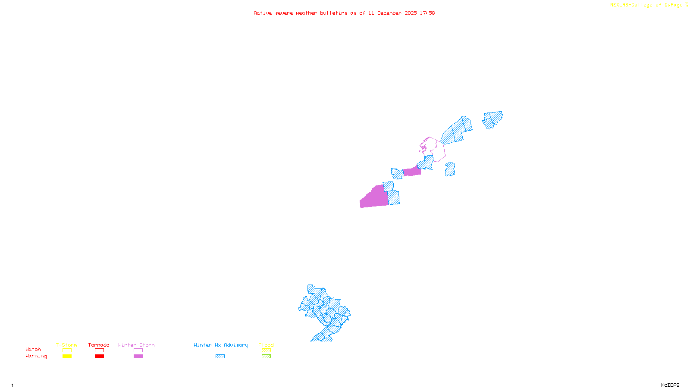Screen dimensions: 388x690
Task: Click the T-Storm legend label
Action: pyautogui.click(x=66, y=345)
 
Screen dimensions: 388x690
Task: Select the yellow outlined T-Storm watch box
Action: pyautogui.click(x=67, y=350)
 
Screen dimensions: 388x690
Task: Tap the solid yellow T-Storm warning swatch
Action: pyautogui.click(x=67, y=357)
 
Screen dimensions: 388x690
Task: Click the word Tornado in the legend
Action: pyautogui.click(x=99, y=345)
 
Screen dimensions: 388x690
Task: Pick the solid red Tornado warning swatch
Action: pyautogui.click(x=100, y=357)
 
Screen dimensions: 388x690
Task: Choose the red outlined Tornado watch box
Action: pyautogui.click(x=100, y=350)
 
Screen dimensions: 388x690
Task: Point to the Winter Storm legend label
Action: pyautogui.click(x=136, y=345)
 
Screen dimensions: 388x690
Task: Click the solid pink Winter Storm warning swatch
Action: pyautogui.click(x=138, y=357)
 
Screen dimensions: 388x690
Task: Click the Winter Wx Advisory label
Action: pyautogui.click(x=221, y=345)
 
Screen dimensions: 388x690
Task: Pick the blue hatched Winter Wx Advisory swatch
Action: pyautogui.click(x=220, y=357)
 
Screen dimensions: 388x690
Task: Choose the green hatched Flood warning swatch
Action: pyautogui.click(x=266, y=357)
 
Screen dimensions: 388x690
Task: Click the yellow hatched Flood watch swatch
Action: pyautogui.click(x=266, y=350)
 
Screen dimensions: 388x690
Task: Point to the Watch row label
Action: pyautogui.click(x=33, y=349)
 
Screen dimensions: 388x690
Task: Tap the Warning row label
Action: pyautogui.click(x=36, y=356)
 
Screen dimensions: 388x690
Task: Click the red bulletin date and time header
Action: pyautogui.click(x=344, y=13)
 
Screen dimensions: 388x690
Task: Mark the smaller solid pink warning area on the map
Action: pyautogui.click(x=412, y=172)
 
